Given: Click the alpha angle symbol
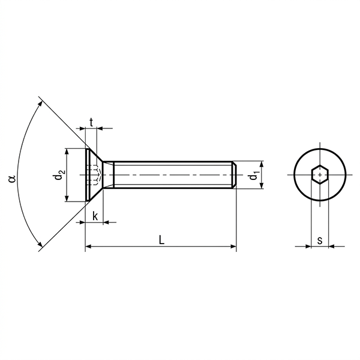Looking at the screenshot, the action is tap(12, 179).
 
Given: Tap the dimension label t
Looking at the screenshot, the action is tap(91, 122).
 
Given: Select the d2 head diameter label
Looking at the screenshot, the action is tap(59, 175).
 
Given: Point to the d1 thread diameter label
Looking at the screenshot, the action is tap(254, 175).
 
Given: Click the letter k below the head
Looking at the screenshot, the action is tap(95, 216).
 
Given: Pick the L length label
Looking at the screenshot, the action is tap(162, 240).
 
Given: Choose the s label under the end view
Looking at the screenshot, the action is tap(320, 241).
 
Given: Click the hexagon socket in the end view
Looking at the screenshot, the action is tap(320, 175).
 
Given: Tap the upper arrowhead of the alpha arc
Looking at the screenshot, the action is tap(40, 104).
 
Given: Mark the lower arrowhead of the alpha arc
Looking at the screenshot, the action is tap(40, 245).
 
